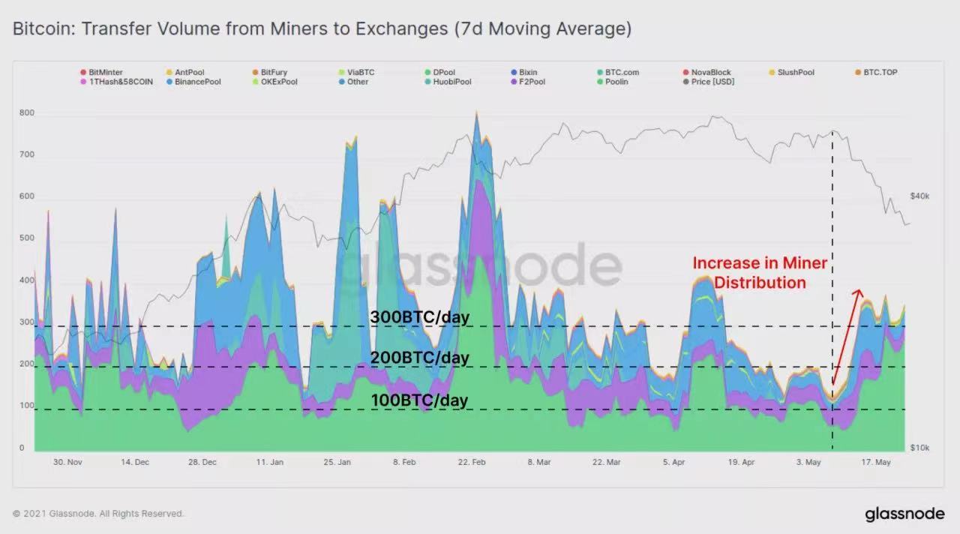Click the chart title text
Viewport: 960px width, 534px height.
click(322, 29)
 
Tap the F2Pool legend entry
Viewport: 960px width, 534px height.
click(532, 82)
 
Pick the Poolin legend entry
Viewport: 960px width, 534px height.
click(616, 82)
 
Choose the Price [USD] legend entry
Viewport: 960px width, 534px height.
click(712, 82)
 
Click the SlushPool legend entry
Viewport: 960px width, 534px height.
click(796, 73)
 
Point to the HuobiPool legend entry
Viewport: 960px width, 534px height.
click(451, 82)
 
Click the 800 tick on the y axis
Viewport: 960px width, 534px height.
click(27, 113)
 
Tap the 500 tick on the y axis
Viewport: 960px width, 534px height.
click(27, 238)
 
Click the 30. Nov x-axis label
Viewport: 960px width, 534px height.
click(67, 463)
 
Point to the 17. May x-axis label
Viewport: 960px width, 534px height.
click(875, 463)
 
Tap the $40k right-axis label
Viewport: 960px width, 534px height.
click(919, 196)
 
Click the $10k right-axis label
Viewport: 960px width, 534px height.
click(919, 448)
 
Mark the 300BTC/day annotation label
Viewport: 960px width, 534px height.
click(419, 317)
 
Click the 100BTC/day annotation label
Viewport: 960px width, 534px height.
click(419, 400)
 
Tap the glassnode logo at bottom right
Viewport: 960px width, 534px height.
click(904, 514)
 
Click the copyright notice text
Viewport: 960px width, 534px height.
click(98, 514)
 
